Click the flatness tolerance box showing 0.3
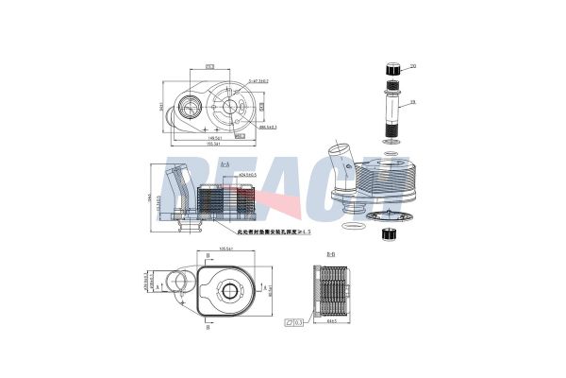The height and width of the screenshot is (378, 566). pos(292,324)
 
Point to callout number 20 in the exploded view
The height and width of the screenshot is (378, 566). pos(412,66)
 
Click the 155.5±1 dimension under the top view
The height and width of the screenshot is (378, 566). pos(215,144)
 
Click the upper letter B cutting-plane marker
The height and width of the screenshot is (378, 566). pos(208,255)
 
